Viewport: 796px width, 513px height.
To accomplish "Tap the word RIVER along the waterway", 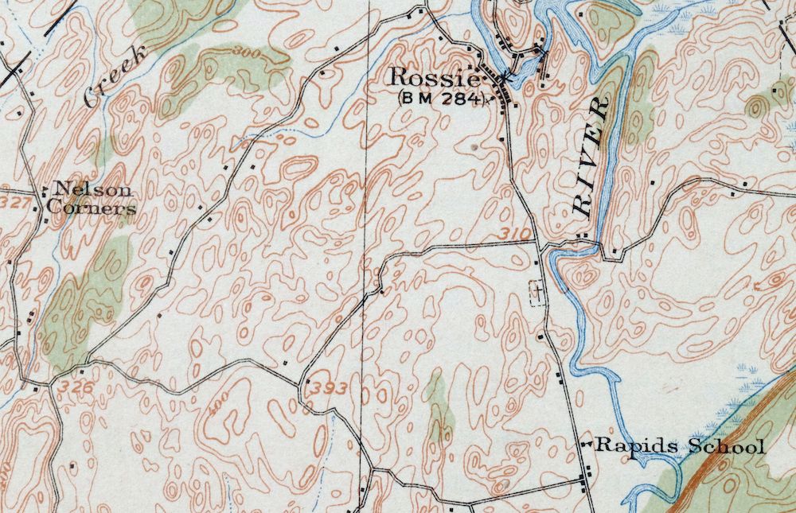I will [x=590, y=157].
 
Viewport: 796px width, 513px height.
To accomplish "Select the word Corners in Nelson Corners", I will [x=90, y=208].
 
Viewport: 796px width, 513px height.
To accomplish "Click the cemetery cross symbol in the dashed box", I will [x=539, y=292].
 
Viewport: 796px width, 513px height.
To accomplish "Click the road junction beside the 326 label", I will [x=53, y=384].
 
